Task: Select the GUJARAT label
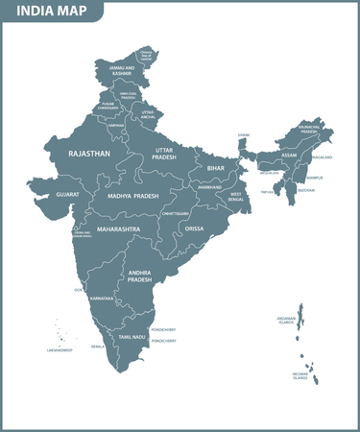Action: point(67,194)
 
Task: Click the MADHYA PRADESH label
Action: point(132,195)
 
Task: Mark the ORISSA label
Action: point(194,229)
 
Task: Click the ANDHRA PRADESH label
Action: point(141,278)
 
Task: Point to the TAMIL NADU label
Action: point(132,338)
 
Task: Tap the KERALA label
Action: point(97,346)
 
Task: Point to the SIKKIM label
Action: point(243,135)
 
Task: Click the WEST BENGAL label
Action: point(235,198)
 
